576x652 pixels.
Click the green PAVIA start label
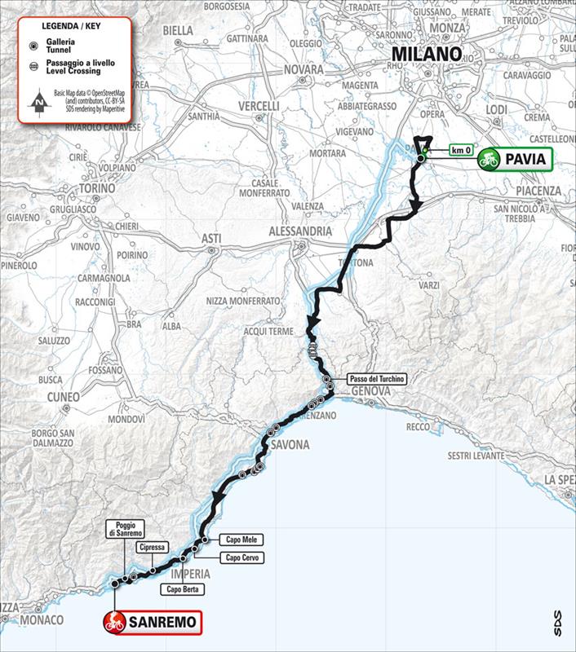(516, 159)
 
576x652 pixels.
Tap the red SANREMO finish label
(151, 623)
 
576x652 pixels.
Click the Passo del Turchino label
(374, 380)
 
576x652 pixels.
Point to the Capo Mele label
(240, 540)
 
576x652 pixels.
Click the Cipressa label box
(153, 548)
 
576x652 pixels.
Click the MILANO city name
(427, 55)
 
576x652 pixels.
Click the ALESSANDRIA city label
(300, 231)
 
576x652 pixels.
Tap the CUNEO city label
(64, 397)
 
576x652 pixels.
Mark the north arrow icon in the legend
(39, 104)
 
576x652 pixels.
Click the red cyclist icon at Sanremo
(113, 623)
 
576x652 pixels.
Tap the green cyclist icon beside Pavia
(489, 159)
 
